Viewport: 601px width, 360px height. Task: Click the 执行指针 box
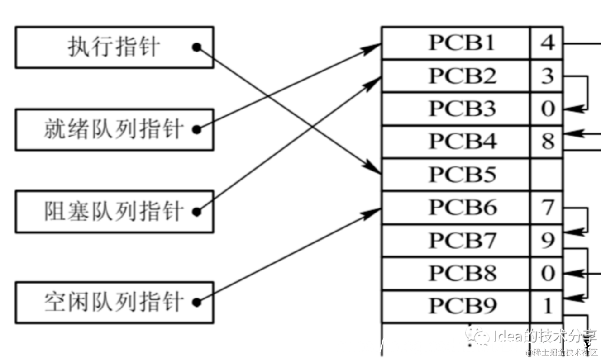[114, 47]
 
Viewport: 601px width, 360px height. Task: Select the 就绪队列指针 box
[114, 130]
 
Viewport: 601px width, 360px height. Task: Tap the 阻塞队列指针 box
[114, 212]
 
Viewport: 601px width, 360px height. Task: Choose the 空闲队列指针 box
[114, 302]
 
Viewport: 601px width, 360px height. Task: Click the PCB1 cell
[456, 43]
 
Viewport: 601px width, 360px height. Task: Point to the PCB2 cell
[456, 76]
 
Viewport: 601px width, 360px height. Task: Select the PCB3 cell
[456, 109]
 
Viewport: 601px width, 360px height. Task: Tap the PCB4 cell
[456, 142]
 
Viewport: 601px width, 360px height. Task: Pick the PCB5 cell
[456, 175]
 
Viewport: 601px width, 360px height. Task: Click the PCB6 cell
[456, 208]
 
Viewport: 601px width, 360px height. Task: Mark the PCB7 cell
[456, 241]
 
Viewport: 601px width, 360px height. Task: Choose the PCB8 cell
[456, 274]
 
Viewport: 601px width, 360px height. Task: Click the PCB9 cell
[456, 307]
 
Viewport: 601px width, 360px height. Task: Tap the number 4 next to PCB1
[547, 43]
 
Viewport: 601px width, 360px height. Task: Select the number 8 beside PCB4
[547, 142]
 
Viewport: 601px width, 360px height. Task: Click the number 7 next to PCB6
[547, 208]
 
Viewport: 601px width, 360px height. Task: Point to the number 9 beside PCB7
[547, 241]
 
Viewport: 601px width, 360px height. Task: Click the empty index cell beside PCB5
[547, 175]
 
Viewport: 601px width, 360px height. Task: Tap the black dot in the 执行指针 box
[196, 47]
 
